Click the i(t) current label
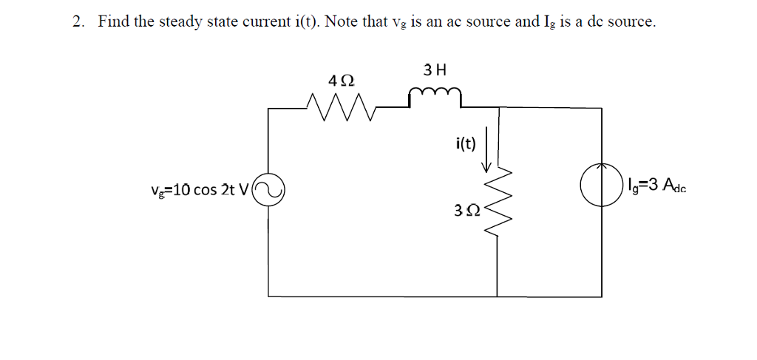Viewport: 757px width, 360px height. tap(466, 144)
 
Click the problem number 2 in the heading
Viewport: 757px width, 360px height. tap(76, 22)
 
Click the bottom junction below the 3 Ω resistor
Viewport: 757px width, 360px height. tap(496, 297)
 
